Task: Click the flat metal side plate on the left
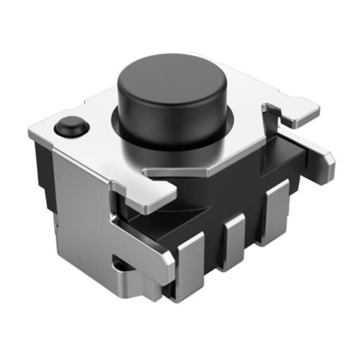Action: [x=78, y=198]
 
